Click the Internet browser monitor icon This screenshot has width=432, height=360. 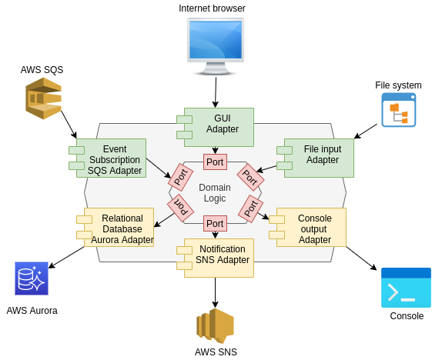coord(216,45)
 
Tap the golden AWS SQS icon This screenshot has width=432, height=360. coord(42,98)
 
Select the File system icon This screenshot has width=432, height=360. coord(398,110)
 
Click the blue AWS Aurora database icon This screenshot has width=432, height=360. coord(32,278)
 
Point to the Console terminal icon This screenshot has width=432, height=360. coord(406,288)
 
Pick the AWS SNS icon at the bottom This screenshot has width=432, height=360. coord(215,326)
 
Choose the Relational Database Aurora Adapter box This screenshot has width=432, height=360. coord(122,228)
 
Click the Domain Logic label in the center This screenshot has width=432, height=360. coord(215,193)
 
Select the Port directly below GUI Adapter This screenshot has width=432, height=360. coord(215,162)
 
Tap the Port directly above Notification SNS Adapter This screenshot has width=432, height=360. coord(215,224)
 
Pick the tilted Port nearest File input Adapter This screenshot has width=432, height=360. coord(250,177)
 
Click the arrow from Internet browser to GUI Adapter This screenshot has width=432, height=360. coord(216,92)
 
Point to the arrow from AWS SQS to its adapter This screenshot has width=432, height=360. coord(69,123)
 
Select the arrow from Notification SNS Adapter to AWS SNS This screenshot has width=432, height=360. coord(215,292)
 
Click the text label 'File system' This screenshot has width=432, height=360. coord(398,85)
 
